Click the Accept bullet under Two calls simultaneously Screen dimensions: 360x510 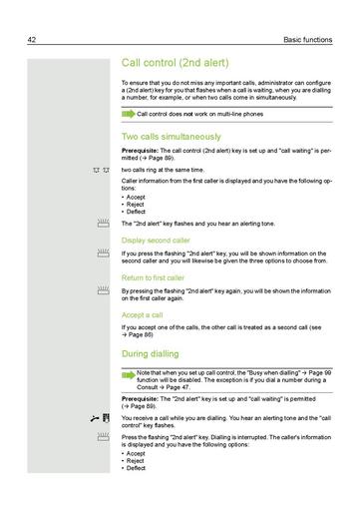click(137, 197)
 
